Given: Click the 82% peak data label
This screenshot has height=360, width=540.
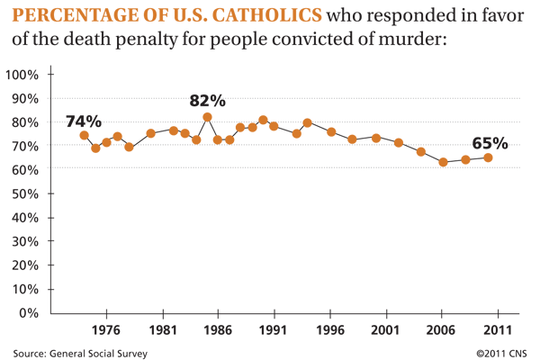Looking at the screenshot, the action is point(207,101).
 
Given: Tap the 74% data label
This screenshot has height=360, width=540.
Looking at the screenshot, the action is point(84,121).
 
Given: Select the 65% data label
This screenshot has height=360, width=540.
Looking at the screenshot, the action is point(490,143).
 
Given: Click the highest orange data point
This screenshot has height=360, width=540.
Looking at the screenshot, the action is point(207,118).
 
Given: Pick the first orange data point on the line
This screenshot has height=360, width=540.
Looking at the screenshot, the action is point(84,135).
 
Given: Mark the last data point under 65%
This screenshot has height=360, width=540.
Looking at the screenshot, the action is point(488,157).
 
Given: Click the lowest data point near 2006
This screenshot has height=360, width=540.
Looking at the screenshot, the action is point(443,162).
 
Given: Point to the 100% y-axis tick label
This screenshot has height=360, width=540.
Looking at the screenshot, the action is point(22,75).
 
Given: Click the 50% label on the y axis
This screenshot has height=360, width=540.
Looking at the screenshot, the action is point(25,194).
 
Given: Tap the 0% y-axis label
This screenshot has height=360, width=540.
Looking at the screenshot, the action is point(29,313).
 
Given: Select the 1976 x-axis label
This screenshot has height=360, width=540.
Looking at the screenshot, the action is point(106,330).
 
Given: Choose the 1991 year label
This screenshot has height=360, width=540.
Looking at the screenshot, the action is point(273,330).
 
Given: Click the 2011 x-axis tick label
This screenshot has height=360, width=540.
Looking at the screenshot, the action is point(498,330).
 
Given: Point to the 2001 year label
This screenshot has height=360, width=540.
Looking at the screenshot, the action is point(385,330).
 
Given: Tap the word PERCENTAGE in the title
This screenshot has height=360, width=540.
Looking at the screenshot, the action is point(73,15).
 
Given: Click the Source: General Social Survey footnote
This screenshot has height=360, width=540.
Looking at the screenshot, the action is point(80,354).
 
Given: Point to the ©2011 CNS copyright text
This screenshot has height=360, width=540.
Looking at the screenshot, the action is point(501,354).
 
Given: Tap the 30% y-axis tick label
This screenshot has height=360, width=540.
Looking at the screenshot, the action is point(25,241).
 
